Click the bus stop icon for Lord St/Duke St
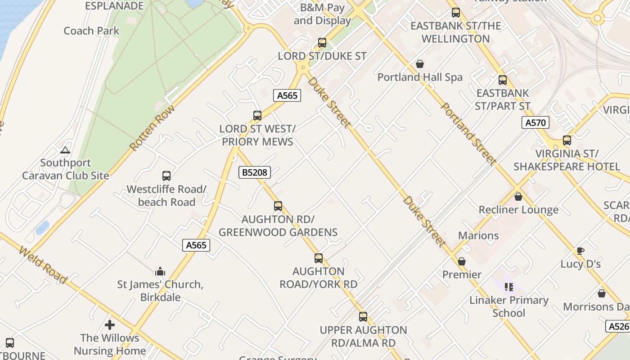(322, 43)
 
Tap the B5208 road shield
(255, 172)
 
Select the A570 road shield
(535, 122)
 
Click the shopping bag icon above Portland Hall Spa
(420, 64)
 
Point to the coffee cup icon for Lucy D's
(580, 251)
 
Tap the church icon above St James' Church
(160, 271)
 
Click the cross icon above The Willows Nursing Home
(110, 324)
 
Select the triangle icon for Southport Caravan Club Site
(65, 150)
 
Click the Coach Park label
(91, 31)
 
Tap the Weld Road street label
(43, 265)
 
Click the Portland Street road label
(468, 134)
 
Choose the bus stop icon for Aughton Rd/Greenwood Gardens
(278, 206)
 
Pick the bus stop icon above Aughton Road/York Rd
(319, 258)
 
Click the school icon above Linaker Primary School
(509, 287)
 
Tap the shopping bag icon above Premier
(462, 261)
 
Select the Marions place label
(478, 235)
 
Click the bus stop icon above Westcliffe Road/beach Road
(166, 176)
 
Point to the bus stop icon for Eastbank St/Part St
(503, 80)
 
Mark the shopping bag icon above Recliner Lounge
(518, 197)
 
